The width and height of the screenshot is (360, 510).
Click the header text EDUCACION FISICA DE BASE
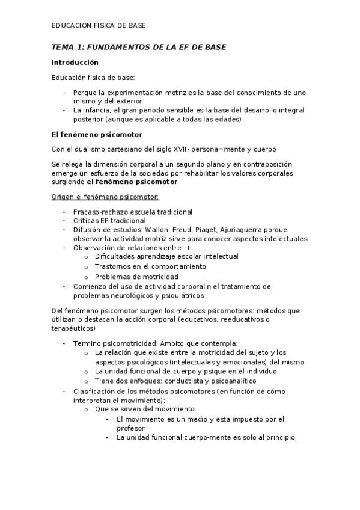[97, 26]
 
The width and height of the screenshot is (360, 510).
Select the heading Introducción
[75, 62]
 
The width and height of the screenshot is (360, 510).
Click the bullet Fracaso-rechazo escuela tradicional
[132, 212]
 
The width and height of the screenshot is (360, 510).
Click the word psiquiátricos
[181, 295]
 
